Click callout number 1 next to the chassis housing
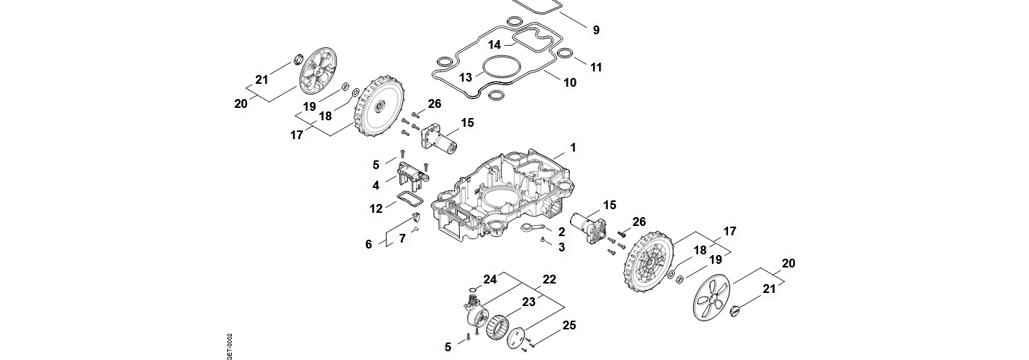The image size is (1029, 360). [x=573, y=148]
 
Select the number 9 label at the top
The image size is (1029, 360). [x=596, y=30]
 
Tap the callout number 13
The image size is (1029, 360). [x=466, y=77]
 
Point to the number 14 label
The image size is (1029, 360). [x=494, y=45]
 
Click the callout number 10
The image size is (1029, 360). [x=570, y=82]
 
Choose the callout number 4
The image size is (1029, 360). [x=376, y=186]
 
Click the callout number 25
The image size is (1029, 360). [x=568, y=325]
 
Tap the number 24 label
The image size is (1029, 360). [x=490, y=279]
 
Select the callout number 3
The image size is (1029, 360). [x=561, y=248]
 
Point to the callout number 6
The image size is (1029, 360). [x=369, y=244]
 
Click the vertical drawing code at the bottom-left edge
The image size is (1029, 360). [x=230, y=347]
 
